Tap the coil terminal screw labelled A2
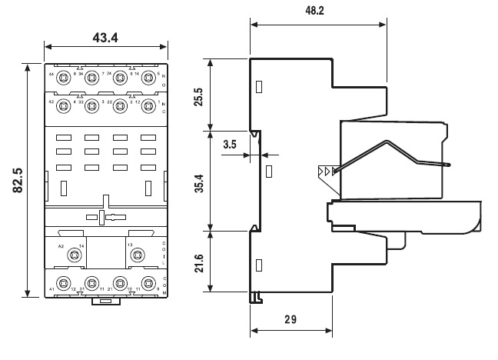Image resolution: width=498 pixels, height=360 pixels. [x=75, y=255]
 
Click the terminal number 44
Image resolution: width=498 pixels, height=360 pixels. [x=51, y=74]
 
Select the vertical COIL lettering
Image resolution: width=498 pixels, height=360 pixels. [x=164, y=252]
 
